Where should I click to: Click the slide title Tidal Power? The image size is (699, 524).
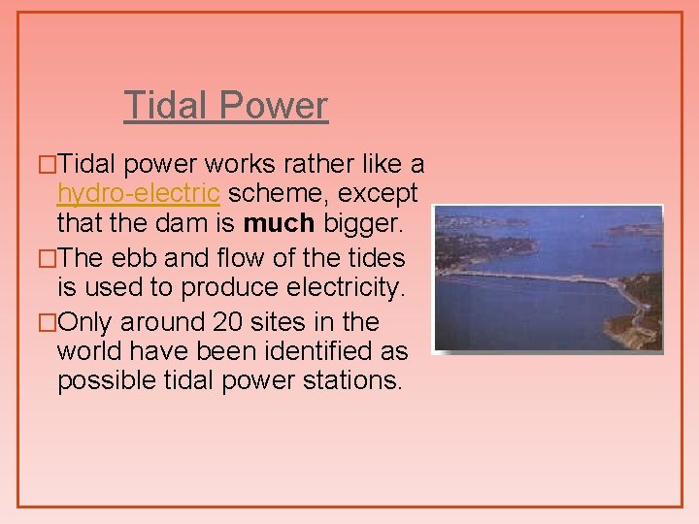tap(226, 106)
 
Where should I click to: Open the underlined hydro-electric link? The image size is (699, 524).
tap(138, 193)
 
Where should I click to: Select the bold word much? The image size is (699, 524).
tap(279, 224)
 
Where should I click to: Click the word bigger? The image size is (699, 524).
tap(367, 224)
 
